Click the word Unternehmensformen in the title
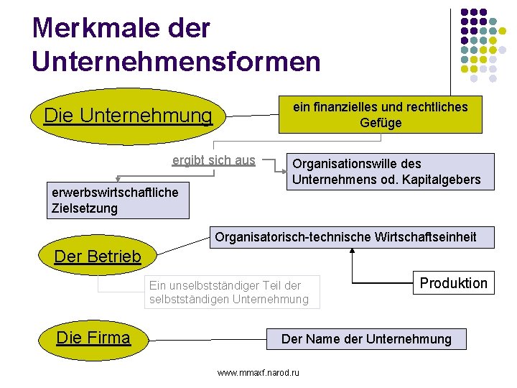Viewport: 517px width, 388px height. [176, 61]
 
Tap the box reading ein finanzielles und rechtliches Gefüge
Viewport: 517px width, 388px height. [380, 115]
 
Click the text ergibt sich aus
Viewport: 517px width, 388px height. [213, 160]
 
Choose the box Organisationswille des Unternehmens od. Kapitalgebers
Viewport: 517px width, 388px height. [391, 172]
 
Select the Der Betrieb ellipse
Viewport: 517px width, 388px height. [98, 257]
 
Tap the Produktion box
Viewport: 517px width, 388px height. [453, 283]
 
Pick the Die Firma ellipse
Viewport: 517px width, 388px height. [93, 338]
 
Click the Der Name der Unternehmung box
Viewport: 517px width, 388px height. [366, 339]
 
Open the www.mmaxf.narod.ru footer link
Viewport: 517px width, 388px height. [258, 372]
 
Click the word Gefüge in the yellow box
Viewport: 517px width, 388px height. [381, 123]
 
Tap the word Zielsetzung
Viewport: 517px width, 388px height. [85, 209]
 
